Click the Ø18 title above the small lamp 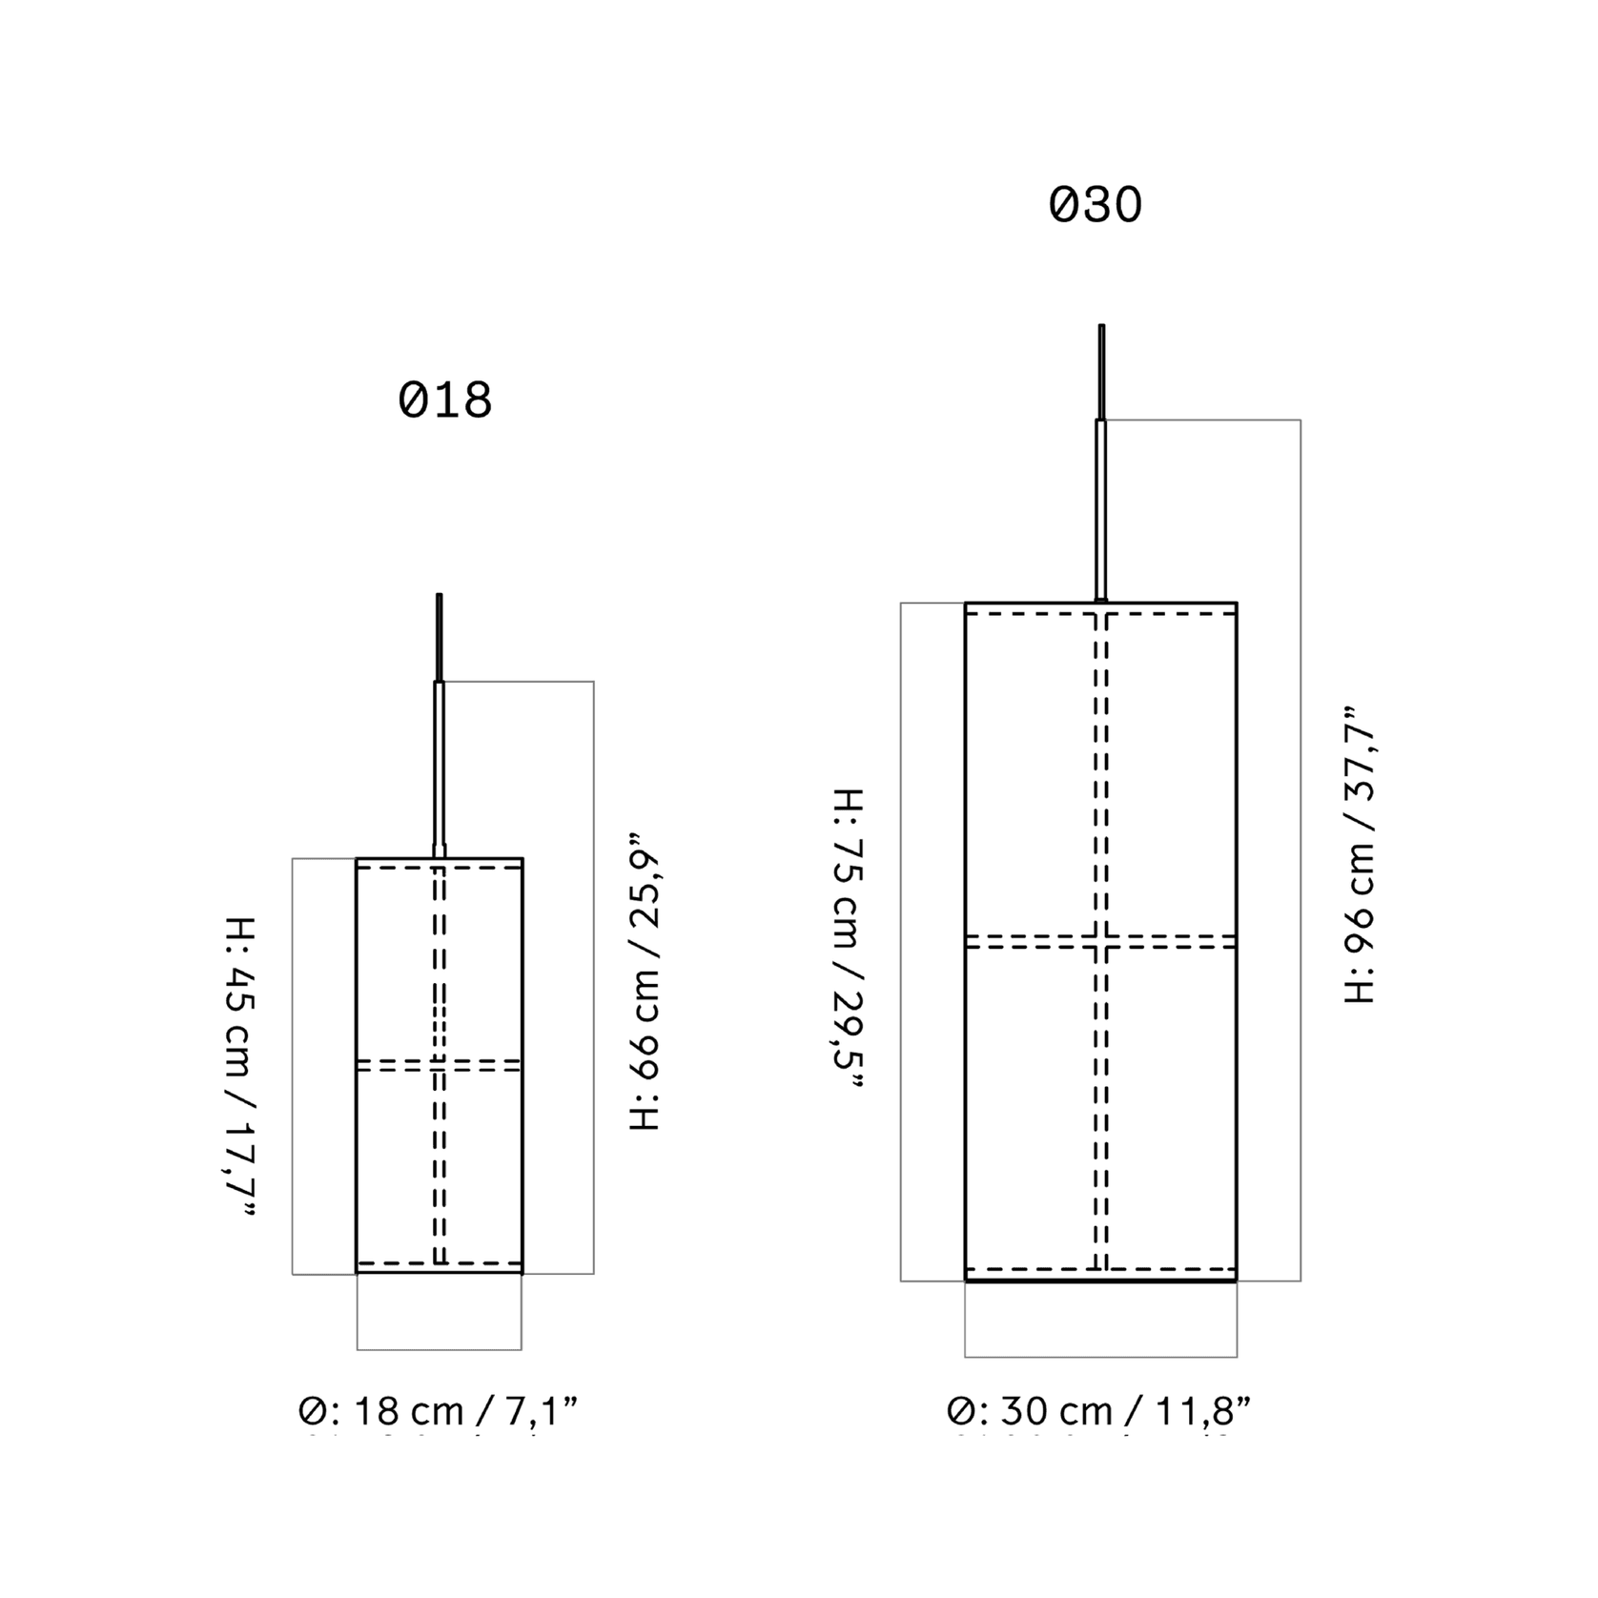click(445, 400)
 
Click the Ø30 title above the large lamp click(1096, 205)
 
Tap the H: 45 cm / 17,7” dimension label click(239, 1067)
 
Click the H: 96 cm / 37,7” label click(1360, 854)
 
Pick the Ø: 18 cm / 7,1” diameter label click(439, 1411)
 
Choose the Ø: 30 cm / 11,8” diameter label click(1099, 1411)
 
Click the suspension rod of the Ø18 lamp click(440, 768)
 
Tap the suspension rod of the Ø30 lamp click(1101, 510)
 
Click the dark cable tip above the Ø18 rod click(440, 637)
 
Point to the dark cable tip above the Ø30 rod click(1101, 372)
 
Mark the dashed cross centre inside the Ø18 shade click(440, 1065)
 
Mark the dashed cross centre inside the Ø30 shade click(1101, 941)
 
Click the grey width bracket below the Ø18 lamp click(440, 1349)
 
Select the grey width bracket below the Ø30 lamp click(1101, 1356)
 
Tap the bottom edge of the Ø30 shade click(1101, 1280)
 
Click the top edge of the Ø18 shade click(440, 859)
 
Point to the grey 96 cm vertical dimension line click(1301, 850)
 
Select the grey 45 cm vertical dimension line click(293, 1066)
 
